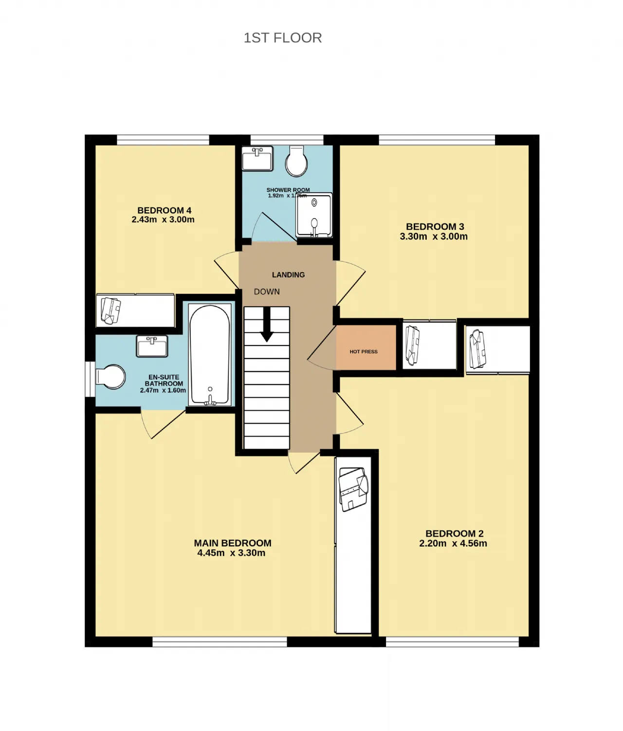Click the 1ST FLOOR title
pos(283,38)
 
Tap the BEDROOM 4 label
pos(164,210)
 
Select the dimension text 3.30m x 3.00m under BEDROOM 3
pos(434,237)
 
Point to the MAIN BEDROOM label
pos(233,543)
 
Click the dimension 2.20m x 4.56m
pos(453,543)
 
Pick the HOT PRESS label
pos(364,351)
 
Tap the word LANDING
pos(288,275)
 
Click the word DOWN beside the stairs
pos(267,292)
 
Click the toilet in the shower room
pos(296,161)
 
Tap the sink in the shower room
pos(257,159)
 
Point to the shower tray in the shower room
pos(314,215)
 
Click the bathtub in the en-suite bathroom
pos(210,355)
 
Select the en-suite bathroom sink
pos(152,346)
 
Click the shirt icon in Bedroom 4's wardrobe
pos(111,311)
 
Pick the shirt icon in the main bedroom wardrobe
pos(353,489)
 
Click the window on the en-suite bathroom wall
pos(90,379)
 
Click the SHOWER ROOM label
pos(288,190)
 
